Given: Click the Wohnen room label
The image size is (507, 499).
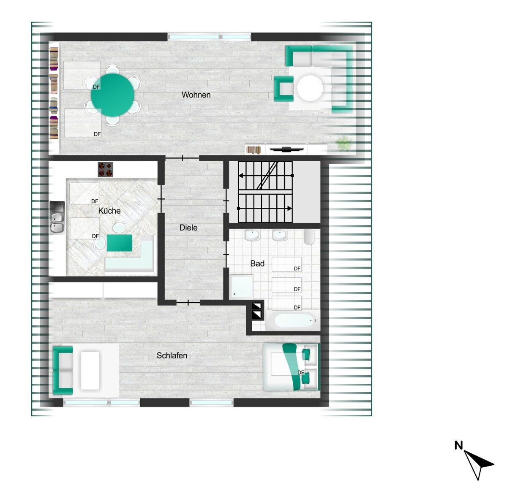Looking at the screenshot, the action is tap(196, 95).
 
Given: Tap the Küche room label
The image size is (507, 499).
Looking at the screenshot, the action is tap(109, 211).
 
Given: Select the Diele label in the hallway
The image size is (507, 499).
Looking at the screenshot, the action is tap(188, 228).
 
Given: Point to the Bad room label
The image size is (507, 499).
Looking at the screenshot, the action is tap(257, 263).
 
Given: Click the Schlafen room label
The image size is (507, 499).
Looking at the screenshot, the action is tap(172, 355).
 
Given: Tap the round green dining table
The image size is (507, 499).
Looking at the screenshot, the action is tap(113, 95).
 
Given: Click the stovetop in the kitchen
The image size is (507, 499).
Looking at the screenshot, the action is tap(106, 169).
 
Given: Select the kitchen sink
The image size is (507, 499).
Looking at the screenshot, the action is tap(57, 217).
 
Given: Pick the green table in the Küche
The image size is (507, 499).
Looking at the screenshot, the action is tap(120, 243).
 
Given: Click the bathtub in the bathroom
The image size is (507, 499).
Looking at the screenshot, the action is tap(293, 321).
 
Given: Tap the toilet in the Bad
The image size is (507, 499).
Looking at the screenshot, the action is tap(309, 236).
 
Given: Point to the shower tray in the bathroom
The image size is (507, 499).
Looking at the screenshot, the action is tap(242, 287).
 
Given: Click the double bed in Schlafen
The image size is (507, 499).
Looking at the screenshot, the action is tap(291, 367).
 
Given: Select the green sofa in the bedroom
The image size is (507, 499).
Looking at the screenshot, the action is tap(63, 370).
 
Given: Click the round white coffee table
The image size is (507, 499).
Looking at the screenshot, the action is tap(310, 88).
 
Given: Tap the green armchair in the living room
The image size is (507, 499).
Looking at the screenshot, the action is tap(283, 89).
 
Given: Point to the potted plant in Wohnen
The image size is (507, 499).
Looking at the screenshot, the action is tap(344, 143).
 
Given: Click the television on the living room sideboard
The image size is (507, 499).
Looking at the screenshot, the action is tap(287, 149).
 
